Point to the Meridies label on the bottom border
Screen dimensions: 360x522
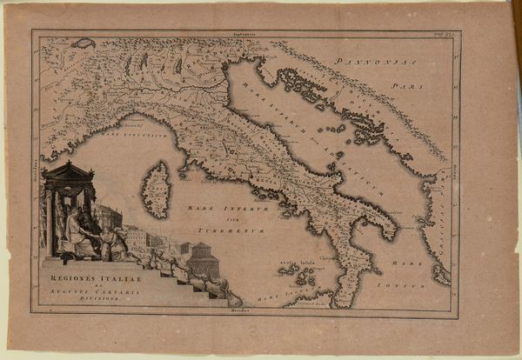pyautogui.click(x=239, y=310)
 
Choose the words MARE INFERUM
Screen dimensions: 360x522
pyautogui.click(x=213, y=208)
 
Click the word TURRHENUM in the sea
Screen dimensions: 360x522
pyautogui.click(x=217, y=230)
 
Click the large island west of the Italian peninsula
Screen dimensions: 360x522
pyautogui.click(x=157, y=190)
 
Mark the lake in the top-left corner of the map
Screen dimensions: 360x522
pyautogui.click(x=83, y=43)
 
